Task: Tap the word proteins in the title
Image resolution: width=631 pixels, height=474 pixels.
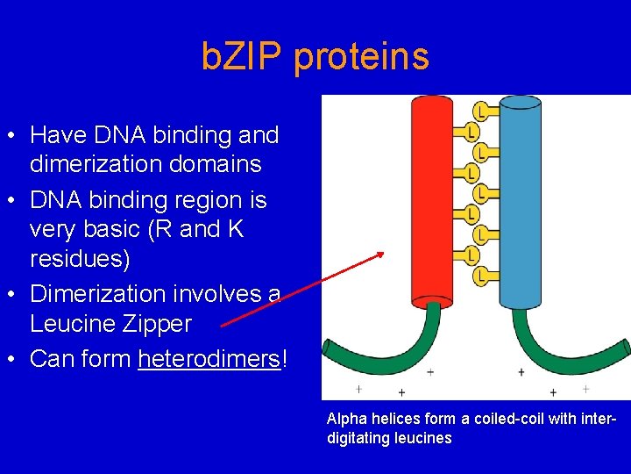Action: click(x=362, y=57)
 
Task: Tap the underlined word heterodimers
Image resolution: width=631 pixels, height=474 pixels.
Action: click(x=209, y=360)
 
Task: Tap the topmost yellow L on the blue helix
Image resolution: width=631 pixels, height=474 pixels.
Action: click(x=481, y=111)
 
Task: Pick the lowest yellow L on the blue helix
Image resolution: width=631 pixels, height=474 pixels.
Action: click(x=481, y=277)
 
